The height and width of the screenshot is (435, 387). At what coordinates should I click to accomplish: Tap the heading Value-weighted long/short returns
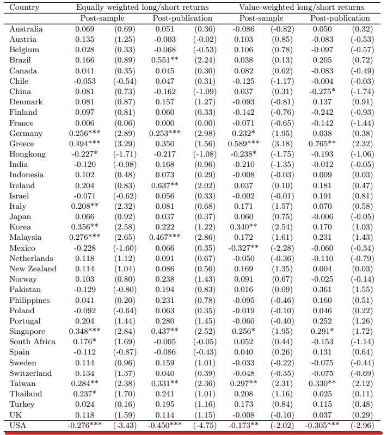[302, 8]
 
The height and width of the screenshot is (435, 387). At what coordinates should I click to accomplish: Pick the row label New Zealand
[33, 269]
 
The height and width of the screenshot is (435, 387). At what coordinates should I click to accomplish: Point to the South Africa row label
[32, 341]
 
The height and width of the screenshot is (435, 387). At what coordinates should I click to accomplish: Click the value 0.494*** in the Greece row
[84, 144]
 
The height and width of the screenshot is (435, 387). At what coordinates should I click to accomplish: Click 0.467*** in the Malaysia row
[167, 237]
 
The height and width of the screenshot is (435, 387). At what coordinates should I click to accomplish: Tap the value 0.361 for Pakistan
[321, 289]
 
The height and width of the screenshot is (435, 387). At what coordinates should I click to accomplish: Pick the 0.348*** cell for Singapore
[84, 331]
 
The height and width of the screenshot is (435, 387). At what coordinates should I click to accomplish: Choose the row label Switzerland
[30, 373]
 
